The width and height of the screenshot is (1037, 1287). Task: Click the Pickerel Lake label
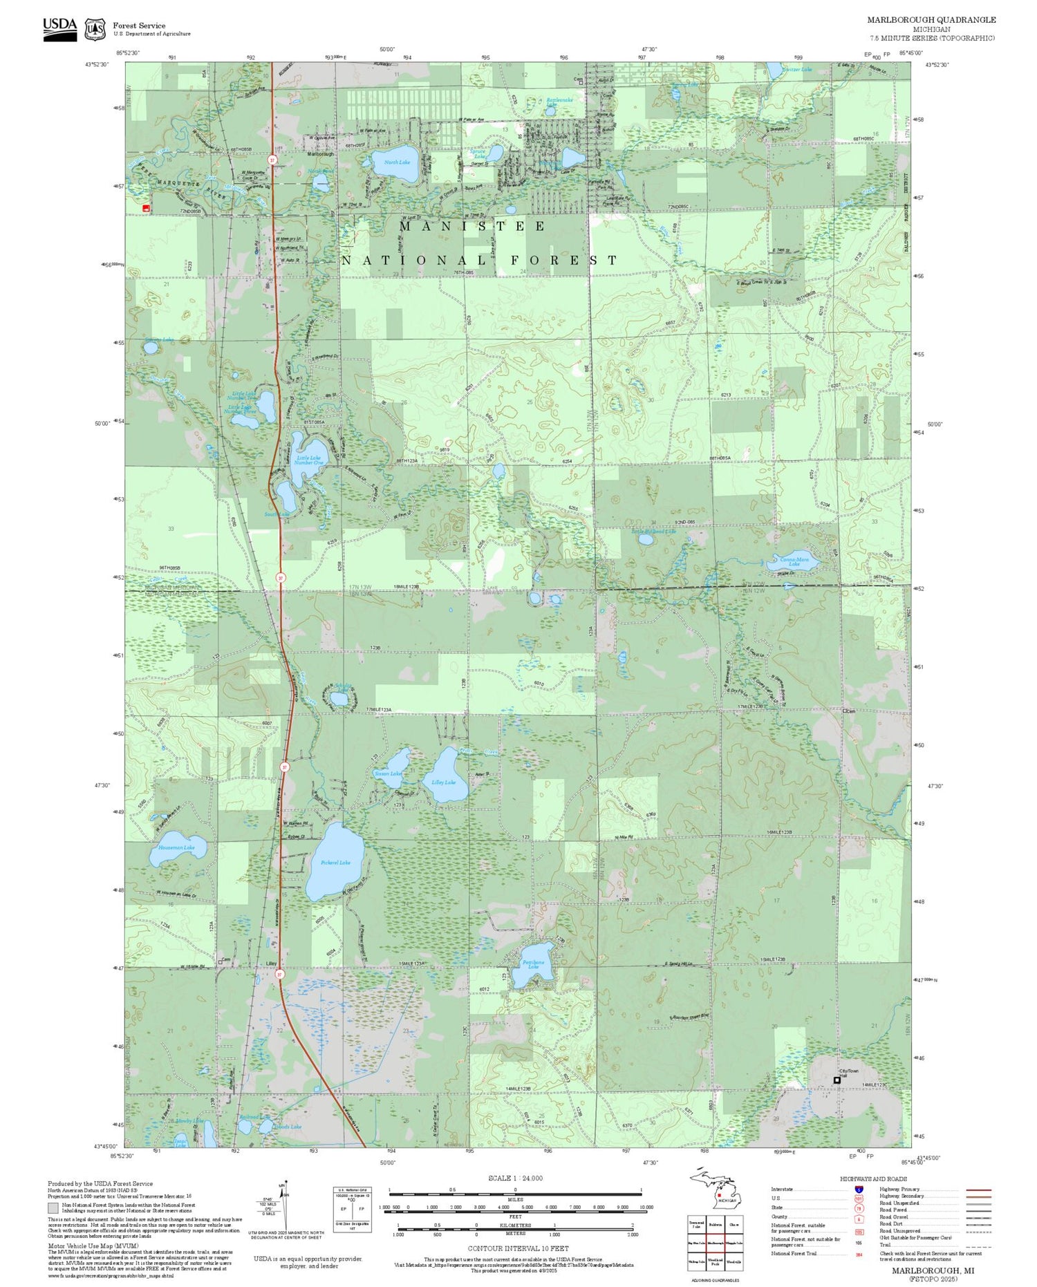pos(335,862)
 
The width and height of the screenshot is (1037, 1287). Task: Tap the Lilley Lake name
pos(444,782)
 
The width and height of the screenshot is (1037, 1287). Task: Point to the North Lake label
pos(397,162)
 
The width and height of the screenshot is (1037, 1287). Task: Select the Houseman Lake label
pos(176,847)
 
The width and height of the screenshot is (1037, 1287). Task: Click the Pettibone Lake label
pos(533,964)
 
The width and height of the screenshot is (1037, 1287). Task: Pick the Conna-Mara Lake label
pos(794,561)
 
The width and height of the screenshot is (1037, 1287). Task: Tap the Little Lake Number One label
pos(308,460)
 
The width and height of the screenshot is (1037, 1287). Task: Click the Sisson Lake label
pos(387,773)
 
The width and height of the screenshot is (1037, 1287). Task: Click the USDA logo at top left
pos(60,28)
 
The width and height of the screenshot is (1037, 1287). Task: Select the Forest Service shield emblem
pos(95,29)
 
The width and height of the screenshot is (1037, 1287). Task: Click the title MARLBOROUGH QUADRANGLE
pos(931,20)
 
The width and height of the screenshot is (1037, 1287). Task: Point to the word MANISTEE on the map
pos(472,226)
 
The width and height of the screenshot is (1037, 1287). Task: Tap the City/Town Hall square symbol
pos(837,1080)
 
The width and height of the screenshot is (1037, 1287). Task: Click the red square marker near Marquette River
pos(146,207)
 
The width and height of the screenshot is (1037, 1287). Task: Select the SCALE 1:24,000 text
pos(515,1178)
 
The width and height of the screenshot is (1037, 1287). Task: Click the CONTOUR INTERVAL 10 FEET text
pos(518,1248)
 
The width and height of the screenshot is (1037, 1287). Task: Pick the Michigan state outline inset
pos(715,1190)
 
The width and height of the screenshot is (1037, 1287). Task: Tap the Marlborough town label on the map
pos(321,154)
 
